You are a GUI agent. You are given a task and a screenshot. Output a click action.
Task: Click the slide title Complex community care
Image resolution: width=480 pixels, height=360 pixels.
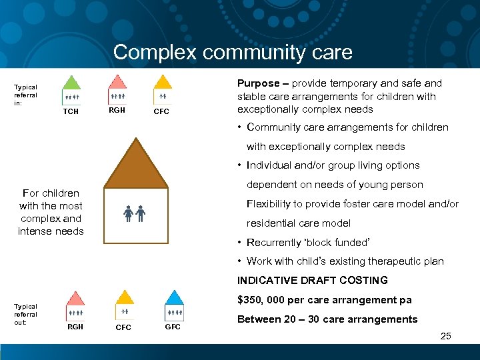click(x=233, y=52)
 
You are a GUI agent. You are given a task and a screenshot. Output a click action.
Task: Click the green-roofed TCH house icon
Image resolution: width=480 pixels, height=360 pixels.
click(x=72, y=90)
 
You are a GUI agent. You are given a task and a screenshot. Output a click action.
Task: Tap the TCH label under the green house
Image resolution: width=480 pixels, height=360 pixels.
click(x=71, y=111)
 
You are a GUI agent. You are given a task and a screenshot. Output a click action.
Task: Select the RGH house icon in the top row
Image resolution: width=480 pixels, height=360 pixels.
click(x=117, y=90)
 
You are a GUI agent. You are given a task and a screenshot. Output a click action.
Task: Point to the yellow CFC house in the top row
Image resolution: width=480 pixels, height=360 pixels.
click(x=163, y=90)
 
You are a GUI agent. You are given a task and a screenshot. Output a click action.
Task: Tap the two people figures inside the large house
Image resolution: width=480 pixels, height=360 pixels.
click(x=135, y=215)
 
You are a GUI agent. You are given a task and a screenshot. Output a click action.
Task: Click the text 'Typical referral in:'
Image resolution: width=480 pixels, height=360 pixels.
click(x=26, y=95)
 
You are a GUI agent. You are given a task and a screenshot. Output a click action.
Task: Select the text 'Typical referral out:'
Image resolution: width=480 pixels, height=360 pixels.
click(x=26, y=314)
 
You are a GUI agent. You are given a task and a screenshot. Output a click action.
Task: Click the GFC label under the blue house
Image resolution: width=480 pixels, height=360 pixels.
click(x=173, y=327)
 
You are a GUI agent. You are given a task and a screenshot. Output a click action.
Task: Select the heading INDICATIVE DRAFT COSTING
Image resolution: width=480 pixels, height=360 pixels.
click(x=313, y=281)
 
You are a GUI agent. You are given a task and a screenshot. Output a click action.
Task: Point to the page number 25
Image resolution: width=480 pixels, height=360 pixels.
click(x=446, y=336)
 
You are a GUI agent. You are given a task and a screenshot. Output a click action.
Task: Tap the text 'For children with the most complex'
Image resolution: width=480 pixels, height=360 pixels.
click(x=51, y=212)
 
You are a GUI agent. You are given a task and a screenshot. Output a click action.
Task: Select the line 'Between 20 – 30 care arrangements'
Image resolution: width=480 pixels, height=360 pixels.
click(x=327, y=319)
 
